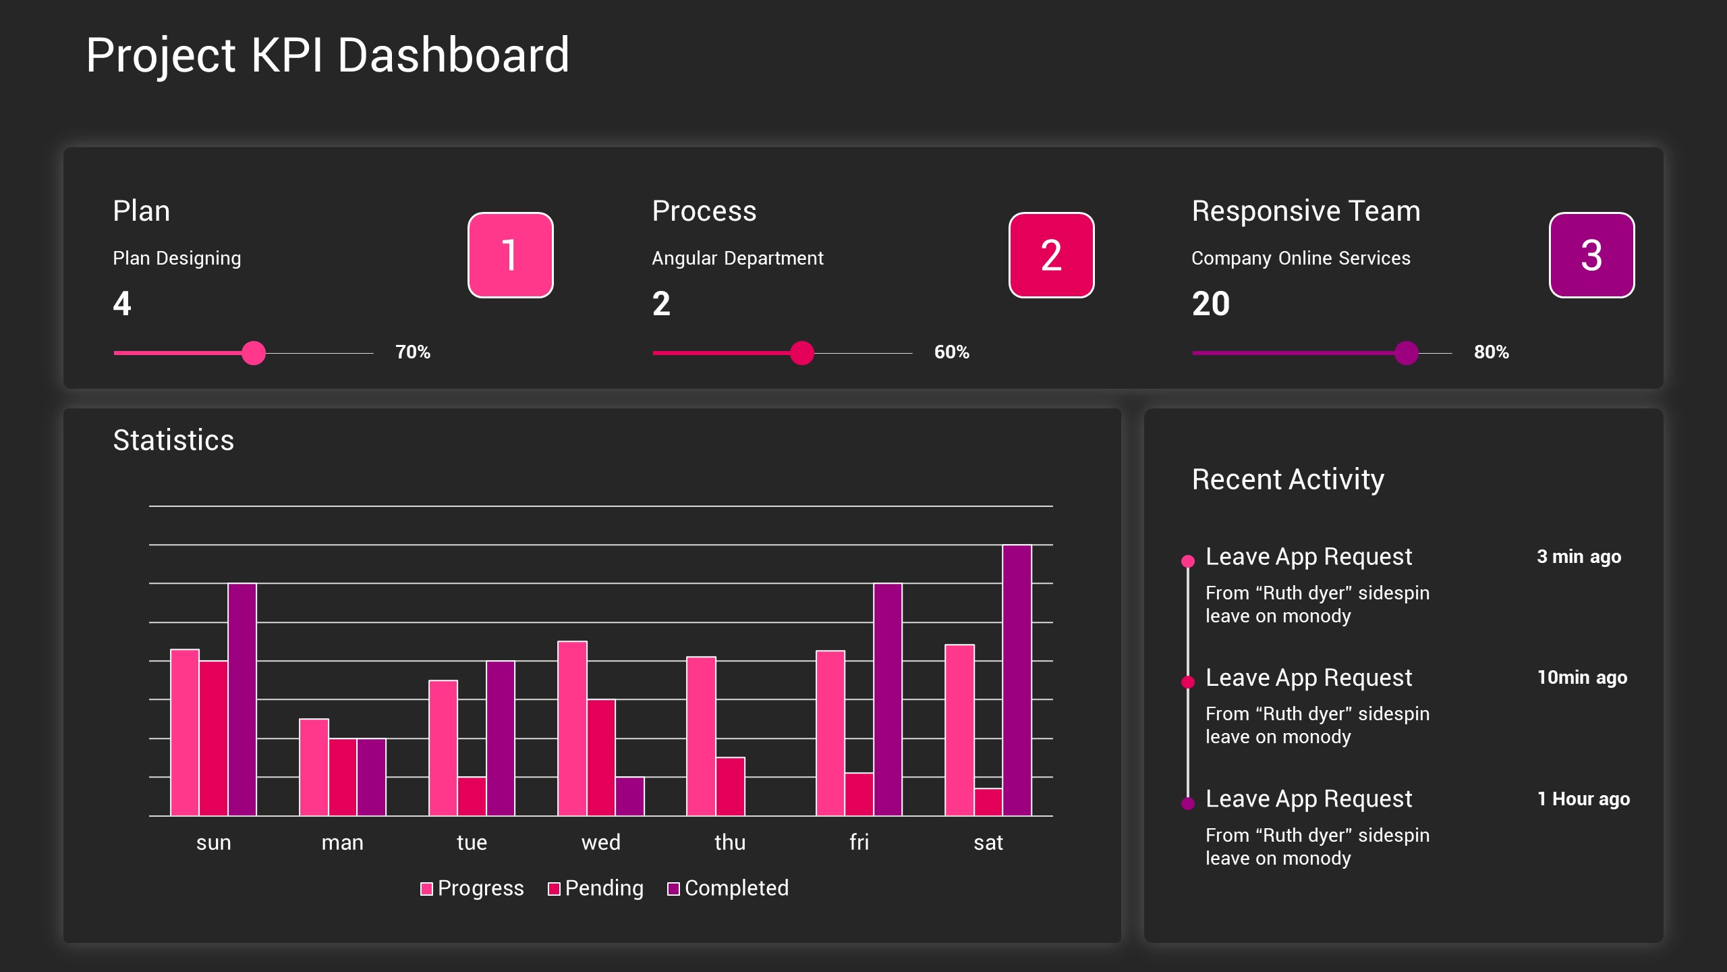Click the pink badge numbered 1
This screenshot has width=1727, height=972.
tap(510, 255)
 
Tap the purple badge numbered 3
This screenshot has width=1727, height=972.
tap(1591, 255)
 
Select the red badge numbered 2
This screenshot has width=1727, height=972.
tap(1050, 255)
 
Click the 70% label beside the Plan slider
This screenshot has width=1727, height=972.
tap(412, 352)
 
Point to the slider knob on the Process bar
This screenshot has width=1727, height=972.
tap(801, 353)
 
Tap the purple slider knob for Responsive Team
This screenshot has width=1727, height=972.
tap(1406, 353)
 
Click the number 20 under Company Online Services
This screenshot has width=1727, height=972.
tap(1210, 304)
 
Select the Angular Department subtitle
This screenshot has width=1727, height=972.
tap(737, 258)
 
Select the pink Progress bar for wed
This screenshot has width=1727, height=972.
tap(571, 728)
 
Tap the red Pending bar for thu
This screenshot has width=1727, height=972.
tap(730, 786)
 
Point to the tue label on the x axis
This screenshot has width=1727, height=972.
tap(472, 842)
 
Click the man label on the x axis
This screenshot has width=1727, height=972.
tap(342, 842)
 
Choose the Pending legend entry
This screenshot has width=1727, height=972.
tap(596, 888)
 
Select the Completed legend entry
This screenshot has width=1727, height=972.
tap(728, 888)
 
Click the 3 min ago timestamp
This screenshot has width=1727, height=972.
tap(1578, 557)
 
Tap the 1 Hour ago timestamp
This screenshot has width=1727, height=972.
tap(1583, 799)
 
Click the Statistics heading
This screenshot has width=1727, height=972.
tap(173, 440)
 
